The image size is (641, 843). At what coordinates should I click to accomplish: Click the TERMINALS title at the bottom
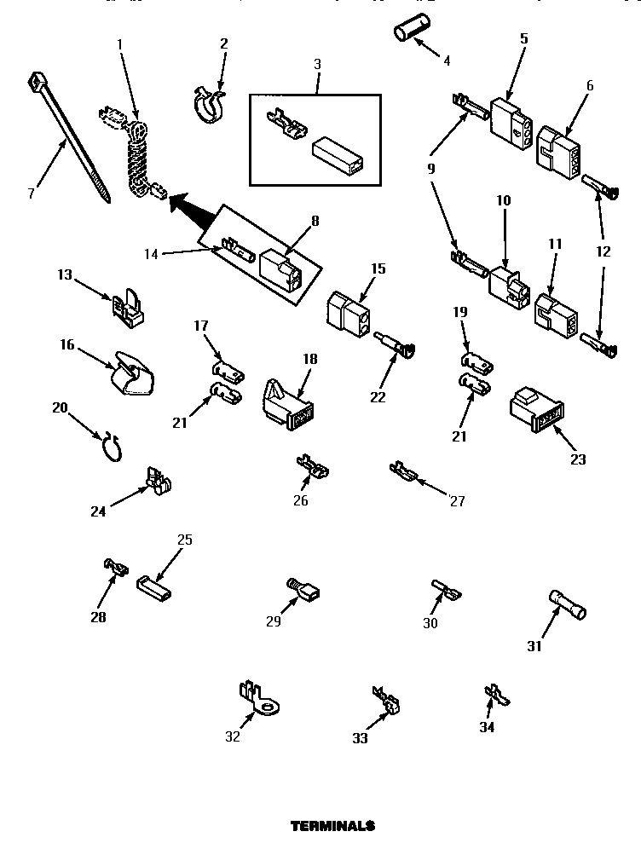pyautogui.click(x=332, y=826)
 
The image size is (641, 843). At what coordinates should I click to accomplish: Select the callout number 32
pyautogui.click(x=232, y=736)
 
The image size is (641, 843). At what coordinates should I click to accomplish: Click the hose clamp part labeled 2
pyautogui.click(x=206, y=103)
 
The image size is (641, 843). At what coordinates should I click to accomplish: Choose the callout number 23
pyautogui.click(x=579, y=459)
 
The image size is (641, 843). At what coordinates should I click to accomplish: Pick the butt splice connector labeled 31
pyautogui.click(x=567, y=607)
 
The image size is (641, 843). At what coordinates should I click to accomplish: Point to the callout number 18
pyautogui.click(x=309, y=359)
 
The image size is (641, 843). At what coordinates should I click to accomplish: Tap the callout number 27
pyautogui.click(x=457, y=501)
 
